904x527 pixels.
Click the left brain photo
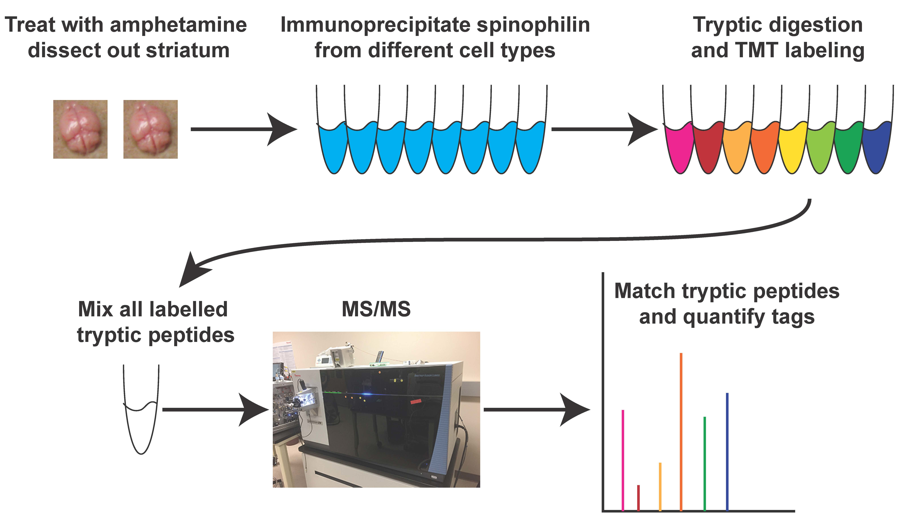[80, 129]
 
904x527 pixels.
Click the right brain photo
[150, 129]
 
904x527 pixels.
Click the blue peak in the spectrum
[727, 452]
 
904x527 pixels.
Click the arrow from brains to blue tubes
[244, 129]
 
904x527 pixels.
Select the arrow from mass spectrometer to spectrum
[537, 409]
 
